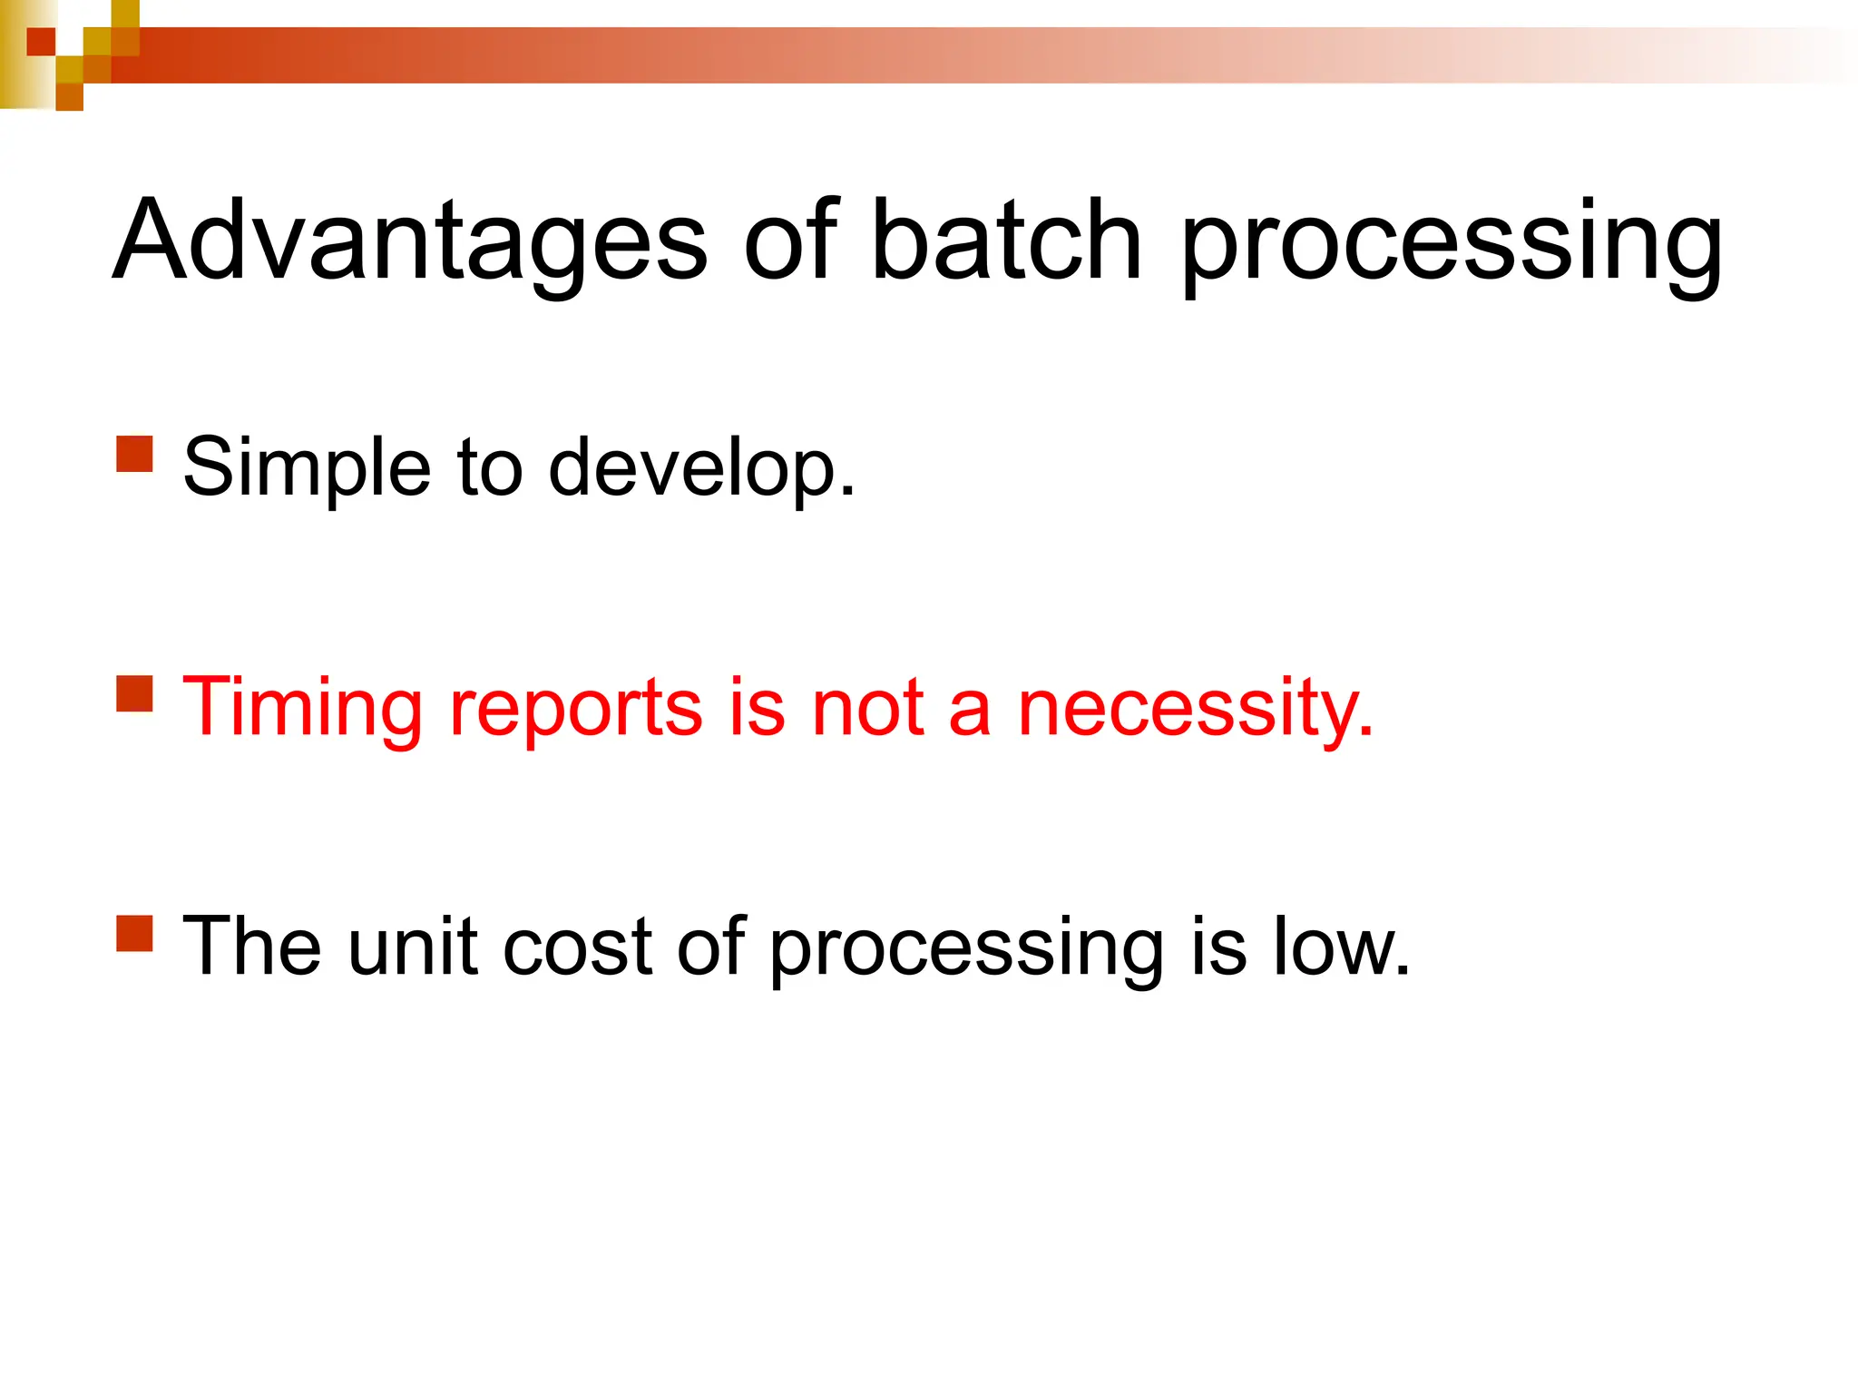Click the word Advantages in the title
pyautogui.click(x=408, y=241)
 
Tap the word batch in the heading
pyautogui.click(x=1005, y=241)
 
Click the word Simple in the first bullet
pyautogui.click(x=307, y=469)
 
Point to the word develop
pyautogui.click(x=701, y=469)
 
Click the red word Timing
pyautogui.click(x=302, y=709)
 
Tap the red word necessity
pyautogui.click(x=1195, y=711)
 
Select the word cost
pyautogui.click(x=577, y=948)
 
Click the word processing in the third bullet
pyautogui.click(x=966, y=951)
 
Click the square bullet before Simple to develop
pyautogui.click(x=134, y=454)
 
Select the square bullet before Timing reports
pyautogui.click(x=134, y=693)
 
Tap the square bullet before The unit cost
pyautogui.click(x=134, y=933)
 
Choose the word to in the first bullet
pyautogui.click(x=490, y=469)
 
